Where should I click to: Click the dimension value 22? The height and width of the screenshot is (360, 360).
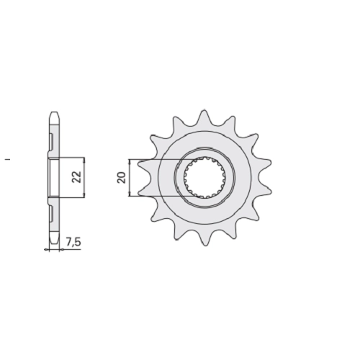pos(77,177)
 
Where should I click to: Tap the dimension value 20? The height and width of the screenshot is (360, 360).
pos(122,178)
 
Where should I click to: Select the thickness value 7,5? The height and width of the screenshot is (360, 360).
pos(73,243)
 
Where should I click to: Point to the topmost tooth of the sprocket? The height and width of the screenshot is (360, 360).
pos(204,117)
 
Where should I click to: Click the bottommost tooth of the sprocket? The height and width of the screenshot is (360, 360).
pos(204,238)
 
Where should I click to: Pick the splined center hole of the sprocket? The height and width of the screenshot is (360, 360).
pos(204,178)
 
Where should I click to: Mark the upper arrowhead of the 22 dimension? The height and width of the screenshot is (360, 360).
pos(84,159)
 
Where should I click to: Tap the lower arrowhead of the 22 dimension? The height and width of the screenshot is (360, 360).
pos(84,195)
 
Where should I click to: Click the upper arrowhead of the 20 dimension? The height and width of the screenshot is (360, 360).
pos(130,161)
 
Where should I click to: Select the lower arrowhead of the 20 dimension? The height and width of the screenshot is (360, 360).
pos(130,194)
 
